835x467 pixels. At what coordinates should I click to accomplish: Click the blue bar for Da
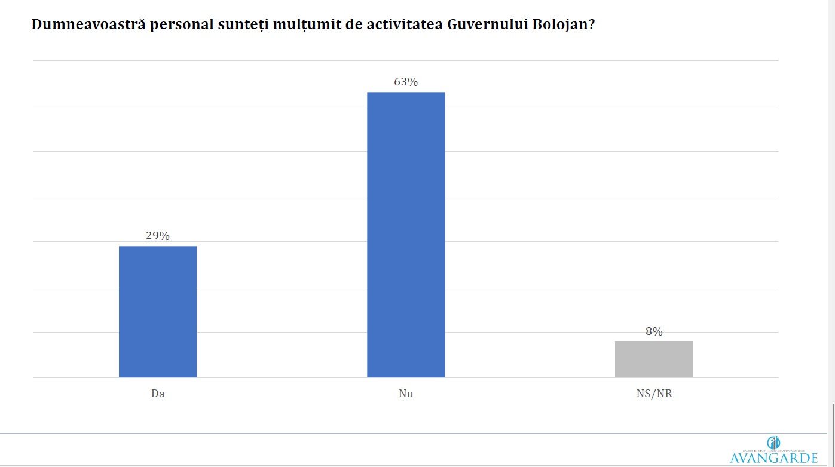[158, 312]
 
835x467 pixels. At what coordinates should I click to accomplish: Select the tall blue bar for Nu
[406, 235]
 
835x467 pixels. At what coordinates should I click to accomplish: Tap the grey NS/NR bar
[654, 359]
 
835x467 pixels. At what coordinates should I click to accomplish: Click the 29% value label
[158, 236]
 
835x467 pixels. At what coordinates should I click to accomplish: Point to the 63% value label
[406, 82]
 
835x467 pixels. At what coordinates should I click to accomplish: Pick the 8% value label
[654, 331]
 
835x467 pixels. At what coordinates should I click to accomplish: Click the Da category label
[158, 394]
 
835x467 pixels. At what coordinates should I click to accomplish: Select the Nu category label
[406, 394]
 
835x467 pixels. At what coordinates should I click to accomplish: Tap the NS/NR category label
[654, 394]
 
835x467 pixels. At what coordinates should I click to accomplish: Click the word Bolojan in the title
[558, 25]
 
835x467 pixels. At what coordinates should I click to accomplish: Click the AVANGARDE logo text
[773, 458]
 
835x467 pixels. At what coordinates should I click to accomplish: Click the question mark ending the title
[592, 25]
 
